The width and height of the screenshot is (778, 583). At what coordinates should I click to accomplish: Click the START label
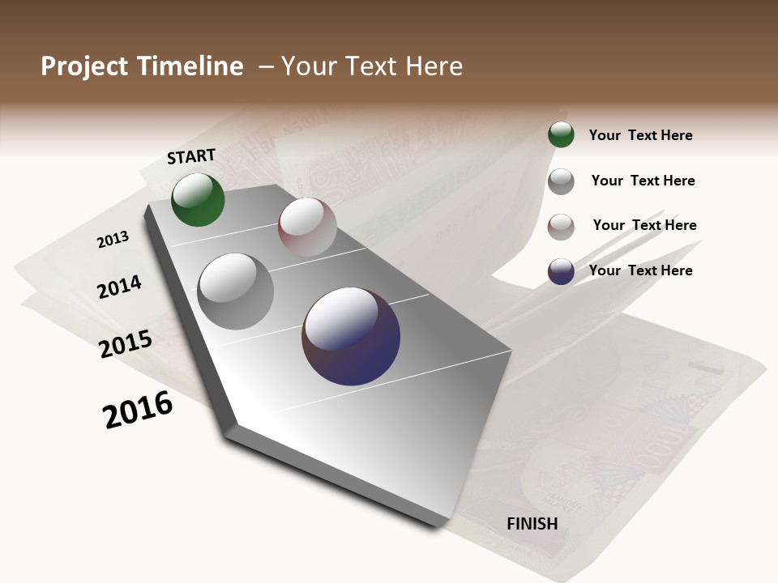point(191,156)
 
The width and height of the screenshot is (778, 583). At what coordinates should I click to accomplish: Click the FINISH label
point(532,524)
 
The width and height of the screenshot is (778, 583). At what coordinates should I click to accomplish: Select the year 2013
point(113,240)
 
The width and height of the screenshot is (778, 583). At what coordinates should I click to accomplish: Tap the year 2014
point(120,287)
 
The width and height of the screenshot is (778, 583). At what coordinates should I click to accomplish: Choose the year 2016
point(138,410)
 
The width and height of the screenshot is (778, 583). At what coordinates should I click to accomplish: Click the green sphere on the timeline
point(198,199)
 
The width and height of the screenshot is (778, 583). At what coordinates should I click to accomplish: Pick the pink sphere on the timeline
point(307,227)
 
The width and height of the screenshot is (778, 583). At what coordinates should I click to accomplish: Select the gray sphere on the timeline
point(236,291)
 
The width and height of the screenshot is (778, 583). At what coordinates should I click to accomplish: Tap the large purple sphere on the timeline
point(351,336)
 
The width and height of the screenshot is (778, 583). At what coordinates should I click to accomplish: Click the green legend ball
point(561,134)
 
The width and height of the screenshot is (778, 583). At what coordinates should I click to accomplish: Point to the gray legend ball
point(561,181)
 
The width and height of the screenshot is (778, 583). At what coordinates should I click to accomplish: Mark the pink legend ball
point(561,227)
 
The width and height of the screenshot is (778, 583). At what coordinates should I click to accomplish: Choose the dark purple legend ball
point(561,271)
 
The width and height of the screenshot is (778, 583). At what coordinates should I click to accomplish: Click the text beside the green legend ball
point(640,135)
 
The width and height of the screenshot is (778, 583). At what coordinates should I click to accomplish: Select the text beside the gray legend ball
point(643,181)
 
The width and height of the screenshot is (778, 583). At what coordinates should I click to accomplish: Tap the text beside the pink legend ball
point(644,225)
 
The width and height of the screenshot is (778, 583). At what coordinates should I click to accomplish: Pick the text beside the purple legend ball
point(640,270)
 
